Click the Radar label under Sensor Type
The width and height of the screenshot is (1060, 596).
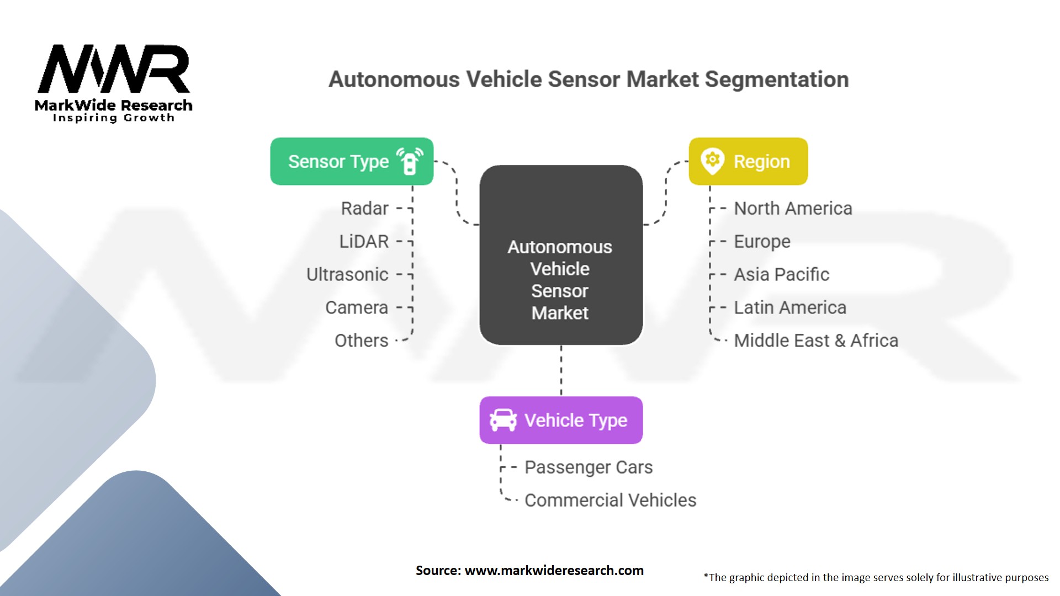coord(364,209)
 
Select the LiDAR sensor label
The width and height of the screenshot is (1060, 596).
coord(364,242)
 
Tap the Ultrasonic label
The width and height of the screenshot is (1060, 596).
coord(347,275)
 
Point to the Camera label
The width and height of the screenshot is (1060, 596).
coord(357,308)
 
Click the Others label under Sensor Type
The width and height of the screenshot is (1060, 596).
coord(362,341)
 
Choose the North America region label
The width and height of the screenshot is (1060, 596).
coord(793,209)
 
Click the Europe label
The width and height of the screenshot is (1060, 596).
coord(762,242)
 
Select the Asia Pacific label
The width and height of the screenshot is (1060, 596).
coord(781,275)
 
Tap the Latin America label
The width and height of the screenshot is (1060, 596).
coord(789,308)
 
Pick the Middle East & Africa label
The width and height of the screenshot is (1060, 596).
coord(816,341)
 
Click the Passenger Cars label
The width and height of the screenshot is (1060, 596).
coord(589,467)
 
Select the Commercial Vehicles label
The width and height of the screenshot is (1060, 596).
coord(610,501)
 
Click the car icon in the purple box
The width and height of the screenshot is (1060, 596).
coord(503,421)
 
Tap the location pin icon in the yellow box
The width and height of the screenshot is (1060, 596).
coord(712,161)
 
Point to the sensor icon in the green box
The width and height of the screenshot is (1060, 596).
coord(410,161)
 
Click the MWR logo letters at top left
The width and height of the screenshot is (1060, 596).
coord(114,69)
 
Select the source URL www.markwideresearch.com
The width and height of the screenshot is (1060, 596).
coord(554,571)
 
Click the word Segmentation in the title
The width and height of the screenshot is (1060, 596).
coord(776,79)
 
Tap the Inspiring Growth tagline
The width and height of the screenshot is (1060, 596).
coord(113,118)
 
